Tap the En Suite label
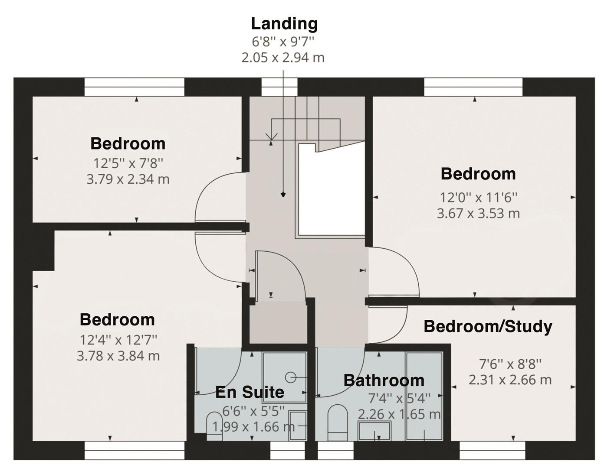point(250,392)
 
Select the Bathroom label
point(384,380)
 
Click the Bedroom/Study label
point(488,327)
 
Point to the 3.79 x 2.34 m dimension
point(128,179)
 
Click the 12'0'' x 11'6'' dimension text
point(478,198)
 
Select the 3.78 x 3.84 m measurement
point(118,356)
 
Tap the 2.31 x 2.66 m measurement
point(510,380)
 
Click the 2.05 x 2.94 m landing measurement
point(282,58)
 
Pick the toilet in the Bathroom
point(337,422)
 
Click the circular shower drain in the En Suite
point(290,377)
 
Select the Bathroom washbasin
point(374,431)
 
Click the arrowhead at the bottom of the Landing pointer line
point(283,195)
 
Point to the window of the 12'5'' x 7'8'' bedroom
point(135,87)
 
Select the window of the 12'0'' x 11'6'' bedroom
point(473,87)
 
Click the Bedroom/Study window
point(493,450)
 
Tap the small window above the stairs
point(279,87)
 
